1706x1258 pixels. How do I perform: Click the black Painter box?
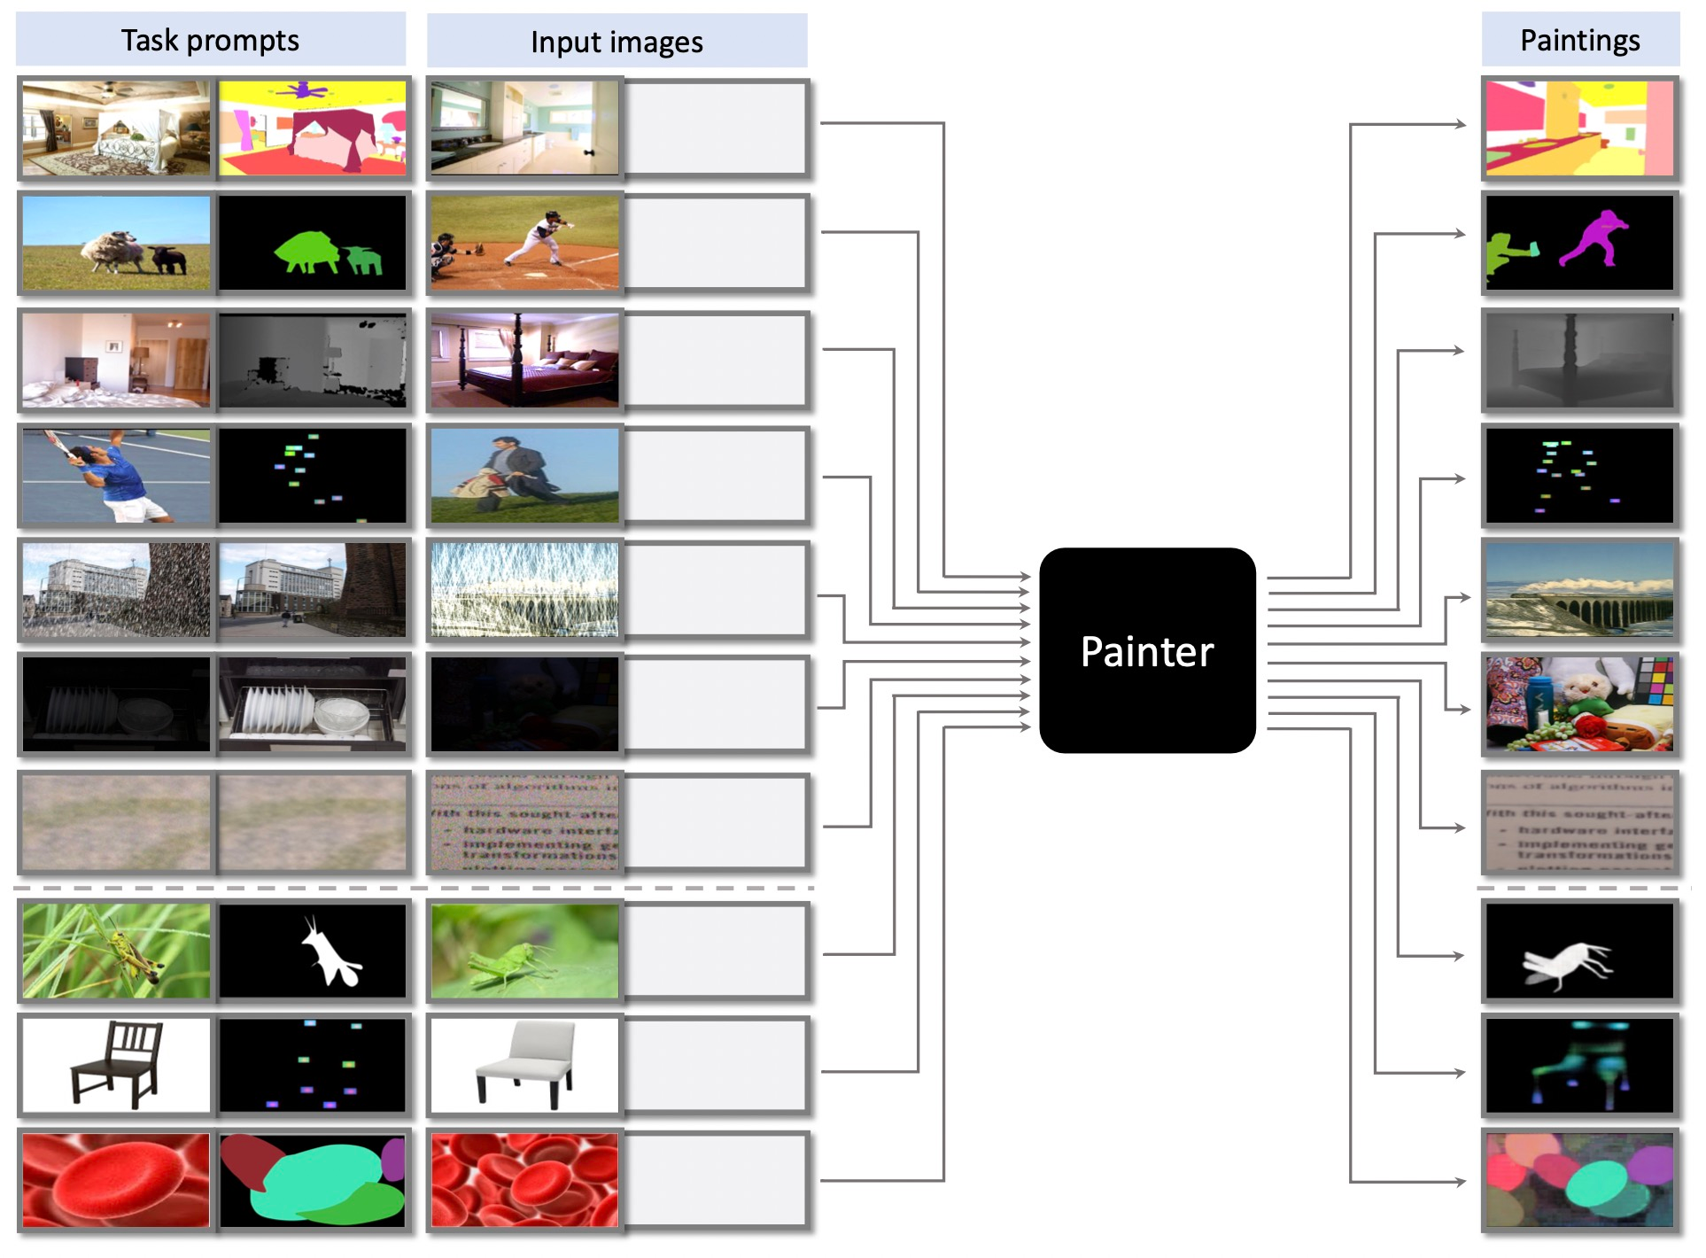pos(1146,650)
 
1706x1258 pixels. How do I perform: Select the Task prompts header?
pos(210,40)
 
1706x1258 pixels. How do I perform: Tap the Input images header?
pos(616,42)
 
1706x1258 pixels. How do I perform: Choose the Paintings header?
pos(1579,40)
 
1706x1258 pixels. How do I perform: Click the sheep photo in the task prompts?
pos(116,243)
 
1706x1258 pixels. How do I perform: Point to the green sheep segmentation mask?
pos(310,252)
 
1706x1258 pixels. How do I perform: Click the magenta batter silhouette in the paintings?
pos(1594,237)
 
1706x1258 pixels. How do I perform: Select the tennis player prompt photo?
pos(116,476)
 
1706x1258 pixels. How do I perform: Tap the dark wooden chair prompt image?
pos(116,1064)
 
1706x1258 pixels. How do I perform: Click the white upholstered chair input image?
pos(524,1064)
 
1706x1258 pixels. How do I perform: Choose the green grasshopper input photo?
pos(524,951)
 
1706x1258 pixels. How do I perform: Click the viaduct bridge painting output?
pos(1579,590)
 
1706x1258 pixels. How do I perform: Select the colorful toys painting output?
pos(1579,704)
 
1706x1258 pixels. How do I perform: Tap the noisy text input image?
pos(524,822)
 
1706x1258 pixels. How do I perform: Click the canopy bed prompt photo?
pos(116,128)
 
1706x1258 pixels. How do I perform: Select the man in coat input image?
pos(524,476)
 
